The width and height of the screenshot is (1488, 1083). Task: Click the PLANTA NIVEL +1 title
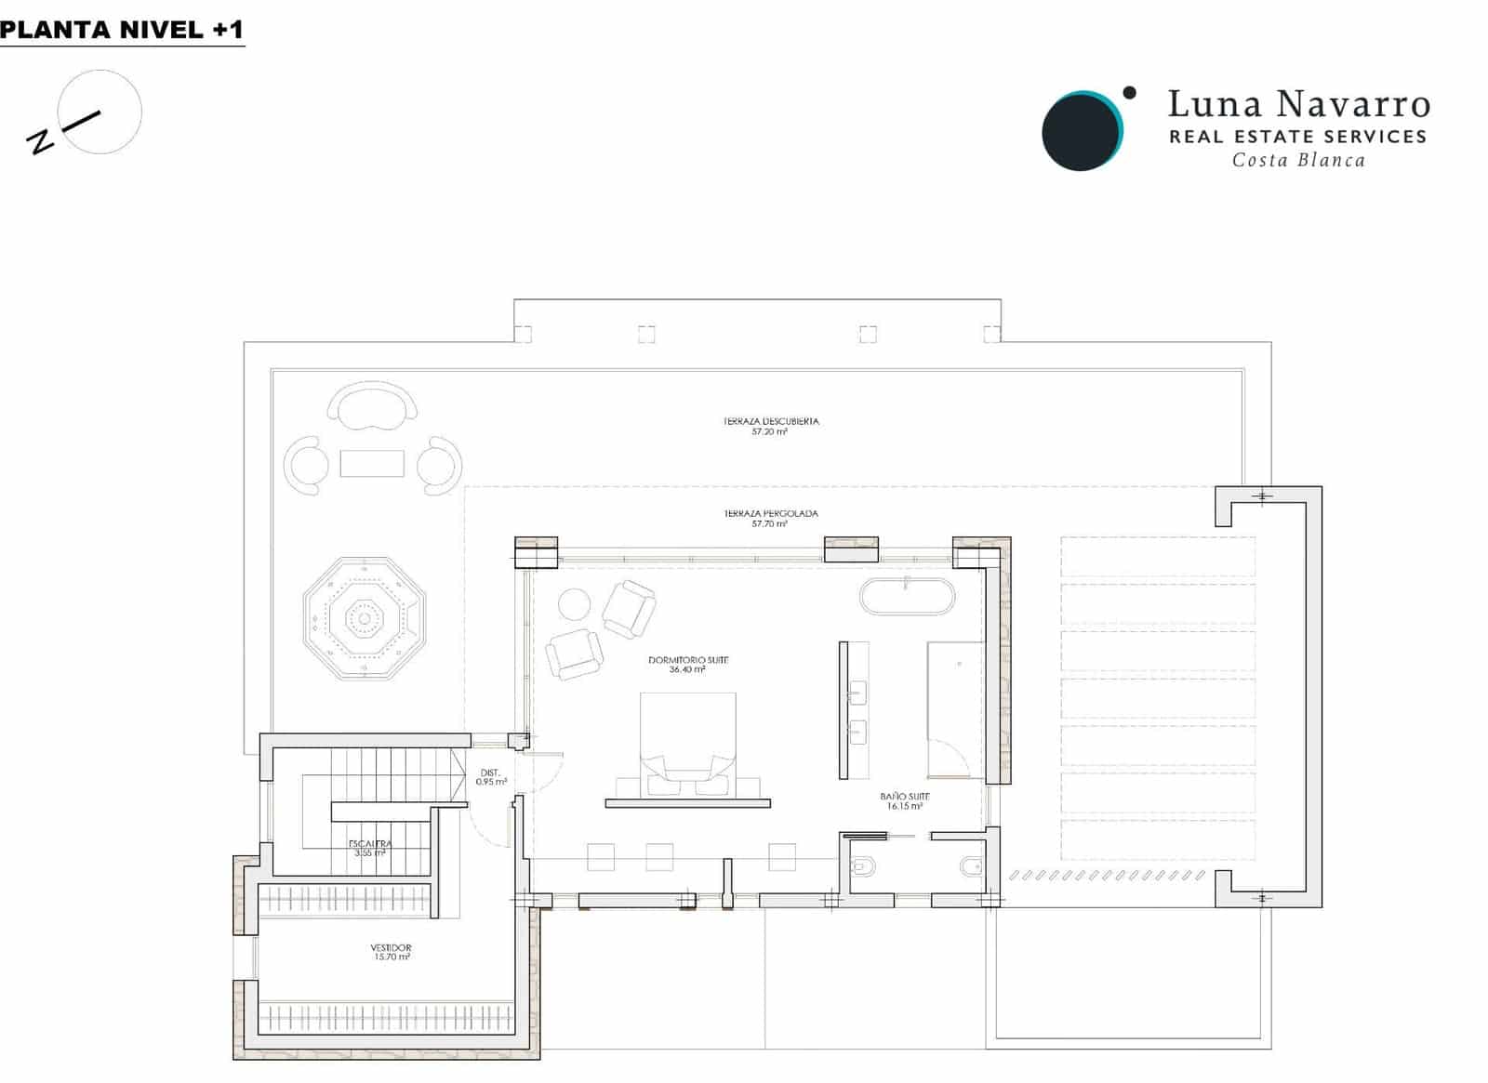click(122, 30)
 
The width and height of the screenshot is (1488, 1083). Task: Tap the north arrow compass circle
click(100, 112)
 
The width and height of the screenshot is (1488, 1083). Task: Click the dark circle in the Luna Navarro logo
click(1079, 132)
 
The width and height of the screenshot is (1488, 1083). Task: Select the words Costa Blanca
click(1298, 161)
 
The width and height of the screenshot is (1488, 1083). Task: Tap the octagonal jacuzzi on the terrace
click(364, 618)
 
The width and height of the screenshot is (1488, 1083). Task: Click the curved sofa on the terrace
click(372, 406)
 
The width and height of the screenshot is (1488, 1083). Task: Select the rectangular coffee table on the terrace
click(372, 463)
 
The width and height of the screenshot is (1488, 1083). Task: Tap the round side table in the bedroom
click(574, 604)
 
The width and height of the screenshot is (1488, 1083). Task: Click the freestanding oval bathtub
click(907, 597)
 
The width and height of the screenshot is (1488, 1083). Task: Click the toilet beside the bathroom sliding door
click(861, 867)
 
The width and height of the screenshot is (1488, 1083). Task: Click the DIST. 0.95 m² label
click(490, 777)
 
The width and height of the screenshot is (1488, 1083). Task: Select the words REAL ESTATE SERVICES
click(1297, 137)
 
